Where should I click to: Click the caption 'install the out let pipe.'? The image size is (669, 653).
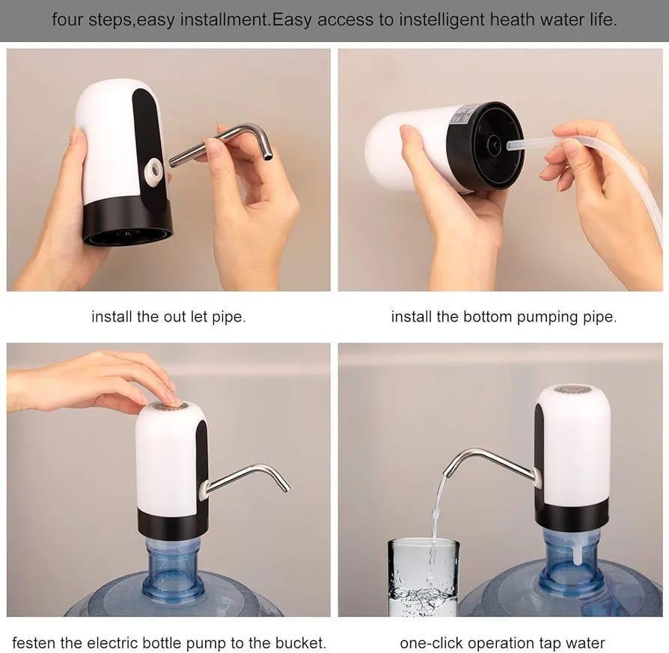click(168, 316)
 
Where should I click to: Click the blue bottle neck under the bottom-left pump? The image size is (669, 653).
click(174, 568)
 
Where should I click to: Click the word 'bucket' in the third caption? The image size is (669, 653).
click(302, 643)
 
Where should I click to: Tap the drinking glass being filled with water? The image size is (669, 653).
click(423, 580)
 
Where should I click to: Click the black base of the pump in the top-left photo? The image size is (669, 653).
click(127, 224)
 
